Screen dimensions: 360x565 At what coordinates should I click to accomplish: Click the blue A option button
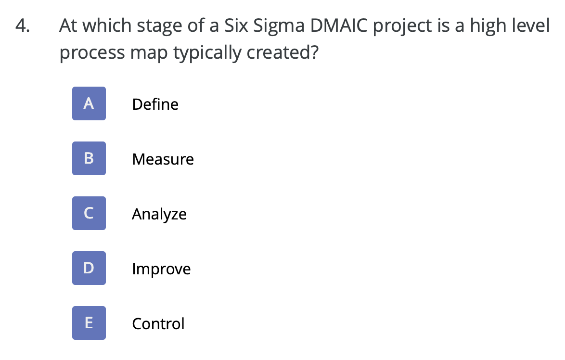[89, 103]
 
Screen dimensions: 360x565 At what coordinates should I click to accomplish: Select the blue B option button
[89, 158]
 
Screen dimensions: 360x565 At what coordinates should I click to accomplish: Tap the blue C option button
[89, 213]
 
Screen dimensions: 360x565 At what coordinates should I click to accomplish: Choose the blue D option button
[89, 268]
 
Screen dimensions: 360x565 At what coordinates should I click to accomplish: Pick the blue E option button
[89, 323]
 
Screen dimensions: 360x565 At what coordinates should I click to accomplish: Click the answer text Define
[155, 104]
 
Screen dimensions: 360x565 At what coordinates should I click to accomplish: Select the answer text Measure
[163, 159]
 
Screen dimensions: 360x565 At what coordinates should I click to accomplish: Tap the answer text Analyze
[159, 214]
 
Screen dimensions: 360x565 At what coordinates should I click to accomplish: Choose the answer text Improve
[161, 269]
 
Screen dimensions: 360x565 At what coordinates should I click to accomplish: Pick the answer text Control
[158, 324]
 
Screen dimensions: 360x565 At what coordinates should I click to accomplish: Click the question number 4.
[21, 26]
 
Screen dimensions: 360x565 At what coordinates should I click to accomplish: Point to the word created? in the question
[282, 52]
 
